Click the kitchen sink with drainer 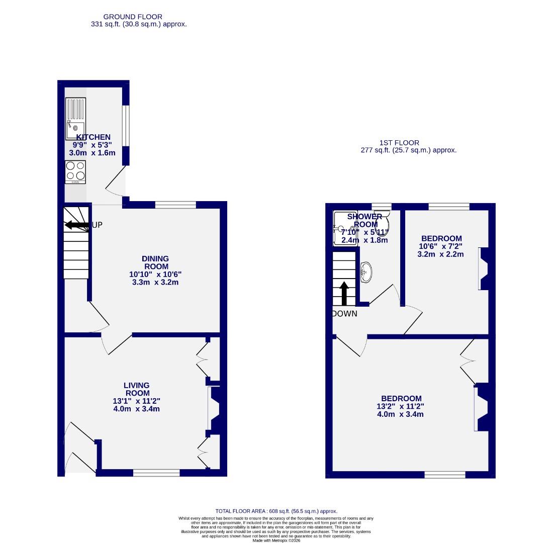[75, 118]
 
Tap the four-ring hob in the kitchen [75, 171]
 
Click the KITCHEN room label [94, 137]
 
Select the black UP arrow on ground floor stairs [76, 225]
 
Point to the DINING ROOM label [155, 262]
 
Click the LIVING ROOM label [137, 389]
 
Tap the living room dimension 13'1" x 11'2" [137, 401]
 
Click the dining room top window [175, 205]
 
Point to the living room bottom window [156, 473]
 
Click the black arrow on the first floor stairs [344, 293]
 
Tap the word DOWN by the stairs [344, 314]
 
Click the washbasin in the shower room [366, 272]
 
